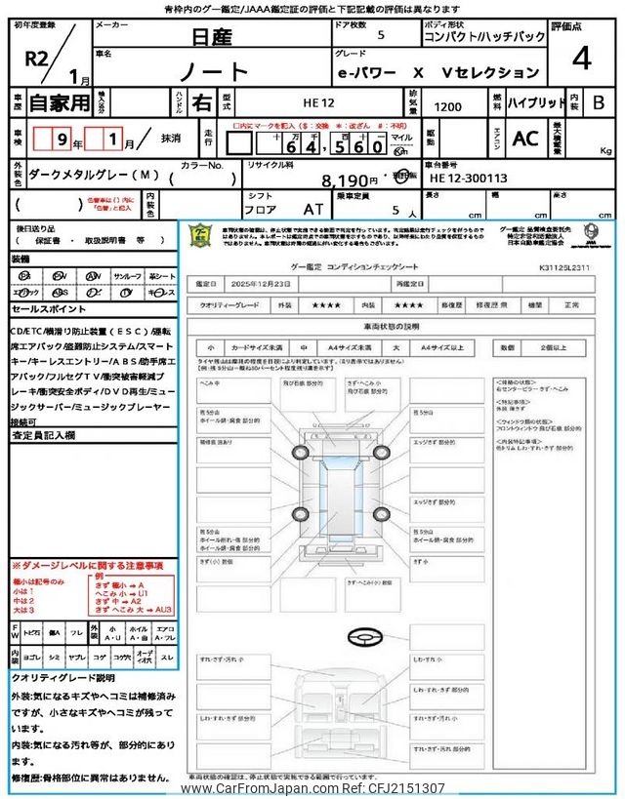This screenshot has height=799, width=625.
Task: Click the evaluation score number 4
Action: [581, 60]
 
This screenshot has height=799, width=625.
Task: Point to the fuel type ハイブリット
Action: [534, 101]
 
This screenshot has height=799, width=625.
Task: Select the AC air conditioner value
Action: [525, 138]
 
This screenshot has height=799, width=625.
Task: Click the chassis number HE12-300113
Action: [468, 179]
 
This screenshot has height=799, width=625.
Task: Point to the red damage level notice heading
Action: [88, 565]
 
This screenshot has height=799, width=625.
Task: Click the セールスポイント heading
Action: [49, 308]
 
